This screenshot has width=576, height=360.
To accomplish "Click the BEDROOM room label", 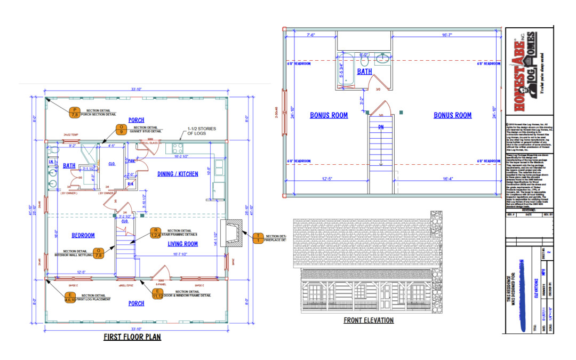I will [x=83, y=235].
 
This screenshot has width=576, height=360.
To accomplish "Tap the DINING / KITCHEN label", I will [x=178, y=174].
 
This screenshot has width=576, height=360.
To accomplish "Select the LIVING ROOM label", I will [x=183, y=244].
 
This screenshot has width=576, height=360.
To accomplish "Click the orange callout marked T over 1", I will [x=258, y=238].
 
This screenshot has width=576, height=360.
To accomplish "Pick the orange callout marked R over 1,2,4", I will [x=155, y=233].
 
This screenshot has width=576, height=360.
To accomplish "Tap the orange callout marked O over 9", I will [x=122, y=129].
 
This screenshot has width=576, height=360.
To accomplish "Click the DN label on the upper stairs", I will [x=381, y=127].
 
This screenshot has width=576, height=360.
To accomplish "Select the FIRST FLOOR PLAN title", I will [x=132, y=337].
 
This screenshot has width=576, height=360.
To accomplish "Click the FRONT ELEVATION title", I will [x=369, y=321].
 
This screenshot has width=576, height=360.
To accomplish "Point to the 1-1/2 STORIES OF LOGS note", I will [x=201, y=132].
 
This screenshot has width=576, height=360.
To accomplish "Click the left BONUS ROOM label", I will [x=329, y=115].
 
